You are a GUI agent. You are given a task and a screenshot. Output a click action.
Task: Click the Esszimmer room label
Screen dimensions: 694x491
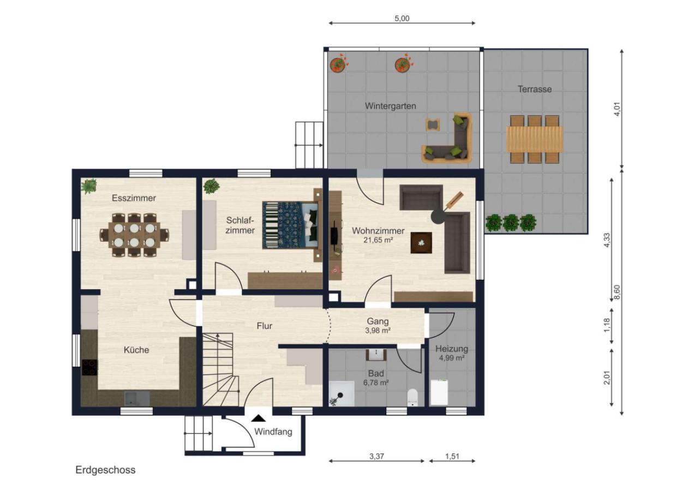[x=134, y=198]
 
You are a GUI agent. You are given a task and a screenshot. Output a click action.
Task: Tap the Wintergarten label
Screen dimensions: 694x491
[x=391, y=106]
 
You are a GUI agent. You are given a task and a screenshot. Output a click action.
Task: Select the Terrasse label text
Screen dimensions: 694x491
[x=535, y=89]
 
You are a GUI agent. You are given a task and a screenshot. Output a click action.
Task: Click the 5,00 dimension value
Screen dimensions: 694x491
[x=402, y=19]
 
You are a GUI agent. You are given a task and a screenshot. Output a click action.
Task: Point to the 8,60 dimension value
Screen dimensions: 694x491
[x=617, y=292]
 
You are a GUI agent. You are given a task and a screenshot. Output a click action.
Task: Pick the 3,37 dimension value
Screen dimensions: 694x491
[x=377, y=456]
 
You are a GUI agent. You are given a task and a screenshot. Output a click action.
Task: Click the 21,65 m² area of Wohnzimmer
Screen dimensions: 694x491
[x=378, y=240]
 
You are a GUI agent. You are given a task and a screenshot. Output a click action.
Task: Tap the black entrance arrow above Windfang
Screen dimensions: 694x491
[x=259, y=418]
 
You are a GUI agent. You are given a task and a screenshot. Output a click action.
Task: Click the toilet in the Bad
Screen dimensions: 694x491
[x=412, y=398]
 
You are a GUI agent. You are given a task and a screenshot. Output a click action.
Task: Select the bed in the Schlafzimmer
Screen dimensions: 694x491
[x=290, y=225]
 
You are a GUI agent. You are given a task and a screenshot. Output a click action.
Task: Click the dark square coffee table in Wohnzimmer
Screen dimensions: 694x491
[x=421, y=243]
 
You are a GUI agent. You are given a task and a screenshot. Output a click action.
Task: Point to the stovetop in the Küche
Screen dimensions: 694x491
[x=89, y=367]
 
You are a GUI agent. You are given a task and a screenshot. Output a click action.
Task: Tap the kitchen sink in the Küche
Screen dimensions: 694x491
[x=137, y=398]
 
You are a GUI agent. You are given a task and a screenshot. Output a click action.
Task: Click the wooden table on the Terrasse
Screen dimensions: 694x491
[x=535, y=139]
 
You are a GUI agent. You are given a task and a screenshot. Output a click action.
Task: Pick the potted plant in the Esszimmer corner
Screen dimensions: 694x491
[x=89, y=186]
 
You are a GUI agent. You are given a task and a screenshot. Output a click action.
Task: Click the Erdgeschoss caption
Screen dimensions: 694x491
[x=106, y=470]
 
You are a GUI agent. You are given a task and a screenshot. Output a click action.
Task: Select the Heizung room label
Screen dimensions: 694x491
[x=452, y=349]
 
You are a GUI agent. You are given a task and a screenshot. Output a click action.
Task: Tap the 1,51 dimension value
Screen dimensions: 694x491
[x=452, y=456]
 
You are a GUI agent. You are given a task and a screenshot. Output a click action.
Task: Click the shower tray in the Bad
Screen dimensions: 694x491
[x=342, y=393]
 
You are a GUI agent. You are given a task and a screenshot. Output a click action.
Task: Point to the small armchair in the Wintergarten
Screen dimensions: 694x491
[x=433, y=125]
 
